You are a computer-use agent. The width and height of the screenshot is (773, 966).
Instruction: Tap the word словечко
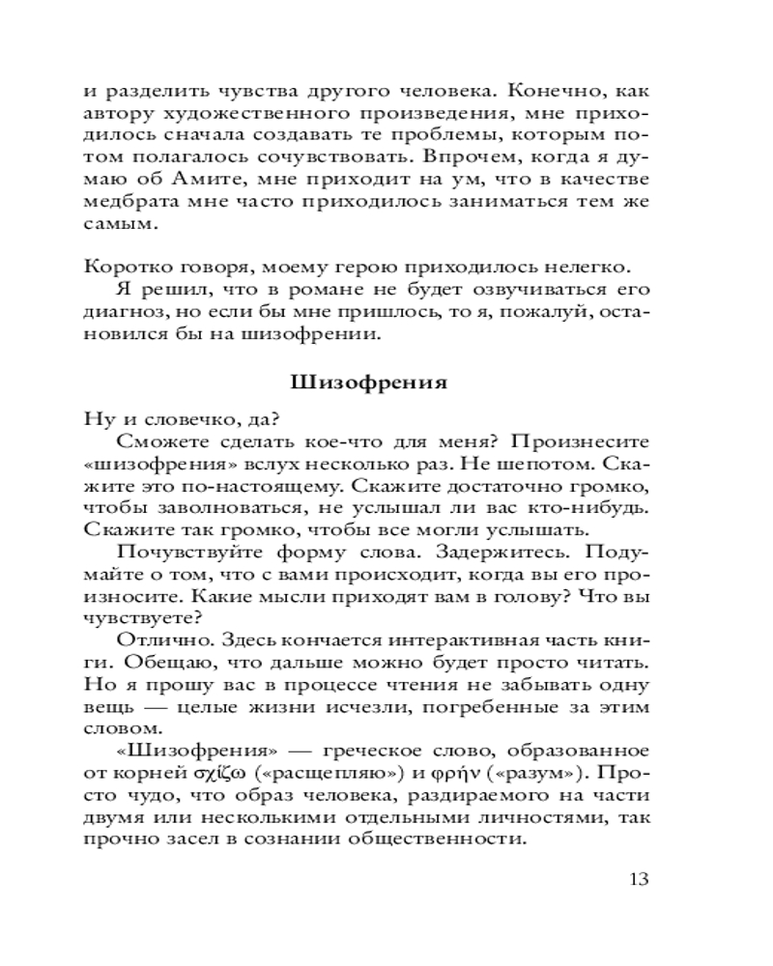coord(179,418)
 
